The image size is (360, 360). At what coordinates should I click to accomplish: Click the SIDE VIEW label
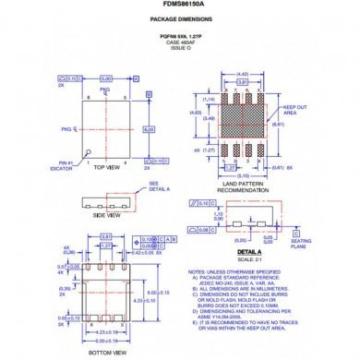pyautogui.click(x=105, y=214)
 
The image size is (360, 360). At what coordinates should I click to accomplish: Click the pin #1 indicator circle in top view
pyautogui.click(x=88, y=151)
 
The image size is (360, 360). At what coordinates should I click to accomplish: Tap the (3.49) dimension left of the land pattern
pyautogui.click(x=209, y=118)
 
